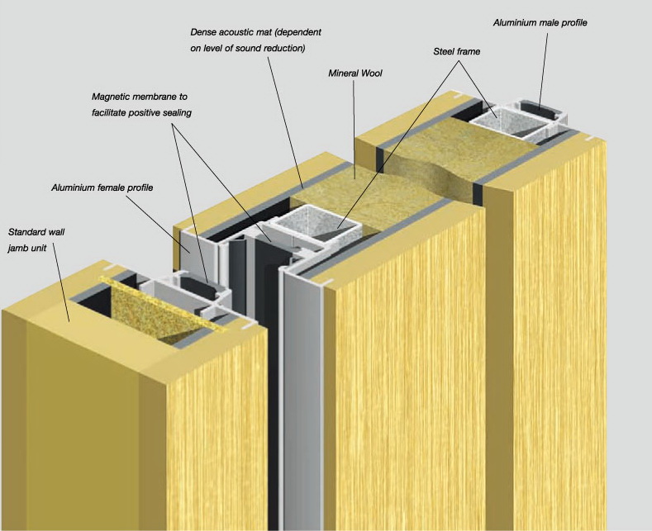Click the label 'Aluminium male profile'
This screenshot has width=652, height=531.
(x=540, y=22)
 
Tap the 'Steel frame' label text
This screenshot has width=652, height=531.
(x=457, y=51)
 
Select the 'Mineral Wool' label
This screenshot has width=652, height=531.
(x=355, y=73)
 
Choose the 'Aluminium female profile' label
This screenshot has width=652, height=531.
(x=102, y=187)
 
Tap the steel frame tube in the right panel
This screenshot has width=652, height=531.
(x=504, y=124)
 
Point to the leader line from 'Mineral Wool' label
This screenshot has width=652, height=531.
(x=354, y=128)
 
